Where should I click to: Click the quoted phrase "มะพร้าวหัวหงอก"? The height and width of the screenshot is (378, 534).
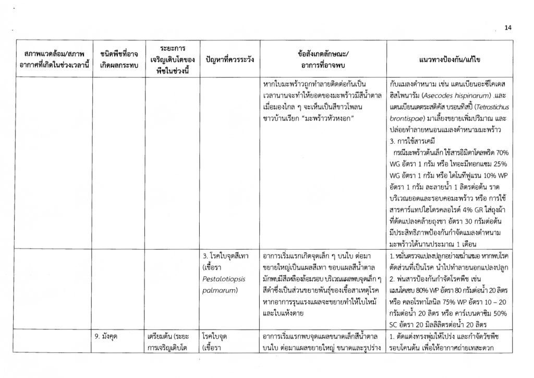322,118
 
